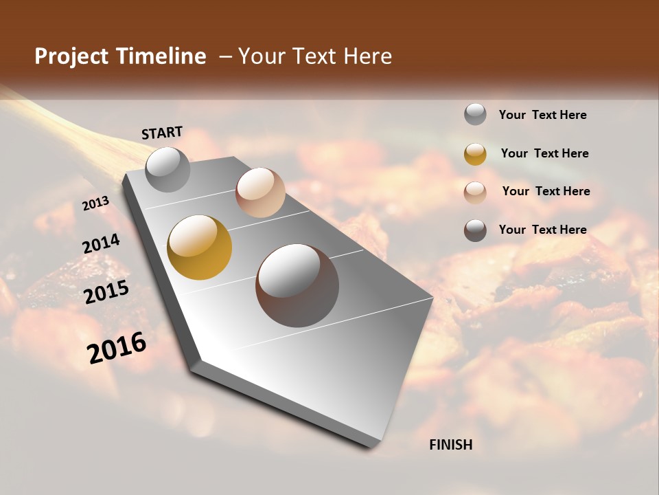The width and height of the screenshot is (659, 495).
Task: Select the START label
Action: pos(162,133)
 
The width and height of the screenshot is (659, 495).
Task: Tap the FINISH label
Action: pos(451,445)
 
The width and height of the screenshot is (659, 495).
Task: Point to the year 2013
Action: pos(95,204)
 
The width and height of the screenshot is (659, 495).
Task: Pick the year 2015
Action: pos(106,292)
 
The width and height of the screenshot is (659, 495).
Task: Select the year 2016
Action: pos(117,347)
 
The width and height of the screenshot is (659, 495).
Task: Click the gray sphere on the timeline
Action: pos(167,169)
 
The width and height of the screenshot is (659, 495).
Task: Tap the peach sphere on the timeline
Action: pos(260,192)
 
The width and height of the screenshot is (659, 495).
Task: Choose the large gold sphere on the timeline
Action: pos(199,247)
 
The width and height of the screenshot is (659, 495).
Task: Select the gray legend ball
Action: pos(475,115)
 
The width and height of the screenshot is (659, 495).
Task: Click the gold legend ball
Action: pos(475,154)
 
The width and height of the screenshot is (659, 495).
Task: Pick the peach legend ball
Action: pos(475,192)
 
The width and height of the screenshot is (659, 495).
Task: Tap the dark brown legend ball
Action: pos(475,230)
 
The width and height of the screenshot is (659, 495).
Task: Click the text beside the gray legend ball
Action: pos(542,115)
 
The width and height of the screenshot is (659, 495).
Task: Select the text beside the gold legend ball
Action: pos(544,153)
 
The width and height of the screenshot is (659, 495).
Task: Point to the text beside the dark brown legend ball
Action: pos(542,230)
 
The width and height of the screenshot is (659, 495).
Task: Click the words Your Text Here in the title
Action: pos(315,56)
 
